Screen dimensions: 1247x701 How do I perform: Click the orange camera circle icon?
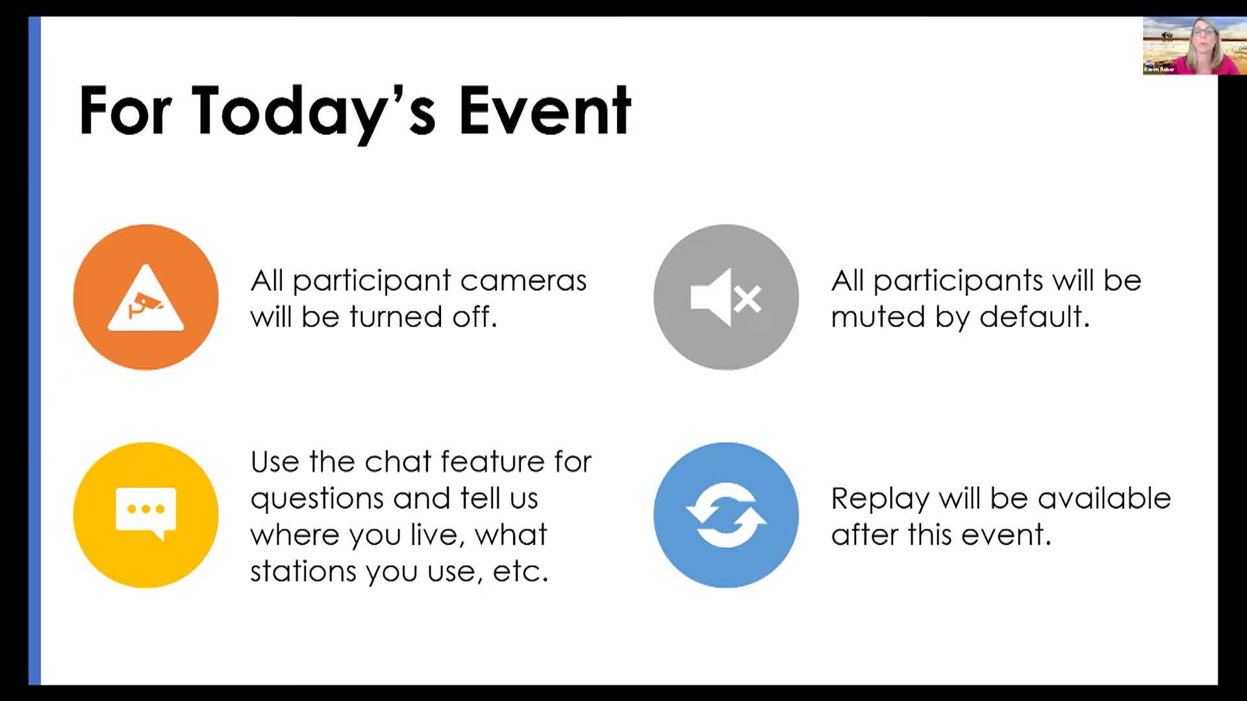146,297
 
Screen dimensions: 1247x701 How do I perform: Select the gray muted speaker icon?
726,297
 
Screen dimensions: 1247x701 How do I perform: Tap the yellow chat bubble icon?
146,515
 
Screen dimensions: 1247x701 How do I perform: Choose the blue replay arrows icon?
726,515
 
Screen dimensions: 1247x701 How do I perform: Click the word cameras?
523,281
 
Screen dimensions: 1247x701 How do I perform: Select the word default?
1034,317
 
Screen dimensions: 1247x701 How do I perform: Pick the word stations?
303,571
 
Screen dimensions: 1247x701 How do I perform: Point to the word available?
1104,498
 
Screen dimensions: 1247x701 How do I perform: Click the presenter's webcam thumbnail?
1194,45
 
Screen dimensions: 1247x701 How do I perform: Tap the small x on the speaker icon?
748,299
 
